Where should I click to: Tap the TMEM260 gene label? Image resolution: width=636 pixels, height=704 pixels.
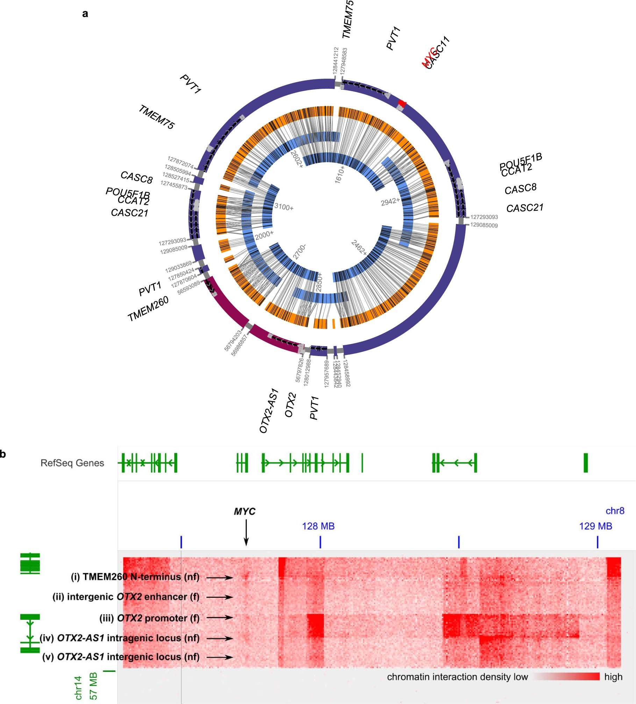click(x=148, y=309)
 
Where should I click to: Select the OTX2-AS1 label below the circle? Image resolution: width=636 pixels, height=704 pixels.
click(x=269, y=411)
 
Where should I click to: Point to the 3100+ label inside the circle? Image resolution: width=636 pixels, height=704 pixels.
click(x=284, y=207)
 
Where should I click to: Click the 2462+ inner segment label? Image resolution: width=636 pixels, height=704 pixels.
click(x=359, y=248)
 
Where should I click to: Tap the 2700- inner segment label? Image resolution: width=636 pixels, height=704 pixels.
click(x=299, y=252)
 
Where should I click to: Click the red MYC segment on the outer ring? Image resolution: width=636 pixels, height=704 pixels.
click(x=402, y=103)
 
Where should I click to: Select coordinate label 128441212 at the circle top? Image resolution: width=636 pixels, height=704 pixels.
click(x=336, y=60)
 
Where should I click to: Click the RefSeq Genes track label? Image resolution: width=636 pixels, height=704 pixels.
click(x=72, y=463)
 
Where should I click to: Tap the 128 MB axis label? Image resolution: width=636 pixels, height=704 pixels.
click(x=318, y=526)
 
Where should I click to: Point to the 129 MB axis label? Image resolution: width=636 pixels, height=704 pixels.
click(x=595, y=526)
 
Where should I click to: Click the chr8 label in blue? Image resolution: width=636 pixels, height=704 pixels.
click(x=615, y=511)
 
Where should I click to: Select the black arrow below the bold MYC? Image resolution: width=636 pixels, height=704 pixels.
click(x=246, y=532)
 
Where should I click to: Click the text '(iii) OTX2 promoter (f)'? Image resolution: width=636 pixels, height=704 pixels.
click(x=149, y=618)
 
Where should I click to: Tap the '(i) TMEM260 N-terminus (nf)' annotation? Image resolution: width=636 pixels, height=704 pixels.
click(x=135, y=577)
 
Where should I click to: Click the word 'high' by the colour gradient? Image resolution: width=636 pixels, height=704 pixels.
click(x=613, y=677)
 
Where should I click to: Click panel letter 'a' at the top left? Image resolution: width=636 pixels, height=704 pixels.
click(x=85, y=14)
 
